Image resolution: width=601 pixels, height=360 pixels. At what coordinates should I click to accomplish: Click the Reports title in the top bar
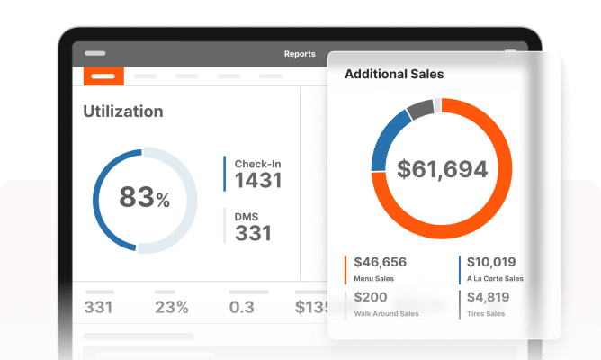300,54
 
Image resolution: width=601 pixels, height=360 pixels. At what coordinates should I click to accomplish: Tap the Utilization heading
123,112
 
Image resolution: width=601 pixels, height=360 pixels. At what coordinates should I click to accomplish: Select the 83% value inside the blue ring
144,197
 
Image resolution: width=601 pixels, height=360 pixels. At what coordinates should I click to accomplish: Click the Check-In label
258,164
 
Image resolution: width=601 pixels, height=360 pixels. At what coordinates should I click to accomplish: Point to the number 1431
258,180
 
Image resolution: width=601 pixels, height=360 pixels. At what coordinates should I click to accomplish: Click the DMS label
248,216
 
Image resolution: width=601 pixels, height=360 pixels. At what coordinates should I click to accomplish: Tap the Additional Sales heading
394,74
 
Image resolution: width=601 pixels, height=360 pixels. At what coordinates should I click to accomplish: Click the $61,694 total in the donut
442,168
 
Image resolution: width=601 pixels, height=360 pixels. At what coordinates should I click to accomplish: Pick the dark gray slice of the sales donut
419,111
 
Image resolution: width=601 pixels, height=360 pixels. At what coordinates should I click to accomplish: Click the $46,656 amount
381,263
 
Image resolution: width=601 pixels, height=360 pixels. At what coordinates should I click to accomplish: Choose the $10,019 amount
491,263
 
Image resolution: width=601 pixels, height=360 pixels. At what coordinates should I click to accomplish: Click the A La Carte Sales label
496,279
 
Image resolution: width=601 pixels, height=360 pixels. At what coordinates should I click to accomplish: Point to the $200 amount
371,298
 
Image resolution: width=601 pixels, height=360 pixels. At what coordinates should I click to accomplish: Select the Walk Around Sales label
387,314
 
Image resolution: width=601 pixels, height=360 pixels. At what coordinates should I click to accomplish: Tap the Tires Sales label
487,314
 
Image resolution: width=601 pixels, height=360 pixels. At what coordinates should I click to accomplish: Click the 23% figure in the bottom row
171,308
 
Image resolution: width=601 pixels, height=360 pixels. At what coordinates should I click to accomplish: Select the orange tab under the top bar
103,76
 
